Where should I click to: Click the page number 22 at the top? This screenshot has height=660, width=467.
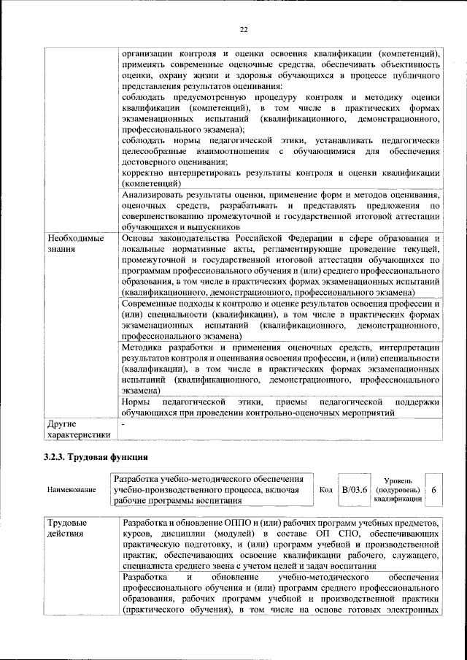pos(244,29)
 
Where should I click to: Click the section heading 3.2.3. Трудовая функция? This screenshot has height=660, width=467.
pos(95,458)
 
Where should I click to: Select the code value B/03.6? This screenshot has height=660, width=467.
pos(355,489)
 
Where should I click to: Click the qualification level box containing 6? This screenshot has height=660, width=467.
pos(434,490)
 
